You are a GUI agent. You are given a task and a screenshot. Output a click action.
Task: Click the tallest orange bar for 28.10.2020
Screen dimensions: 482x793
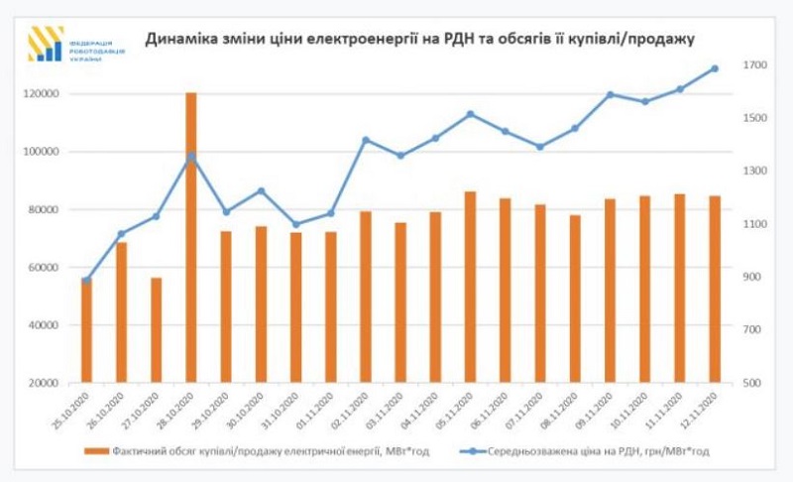tap(191, 238)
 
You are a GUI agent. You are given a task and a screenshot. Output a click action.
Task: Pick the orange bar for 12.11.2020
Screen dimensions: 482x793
tap(714, 289)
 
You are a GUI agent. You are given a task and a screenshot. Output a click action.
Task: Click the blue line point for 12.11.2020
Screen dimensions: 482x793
tap(714, 68)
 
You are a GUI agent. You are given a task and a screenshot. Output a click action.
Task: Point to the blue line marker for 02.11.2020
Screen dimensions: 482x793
tap(366, 140)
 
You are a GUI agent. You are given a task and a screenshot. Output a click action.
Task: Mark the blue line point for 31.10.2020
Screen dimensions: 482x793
tap(295, 224)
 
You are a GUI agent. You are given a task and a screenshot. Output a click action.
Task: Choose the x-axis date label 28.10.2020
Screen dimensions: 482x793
tap(176, 410)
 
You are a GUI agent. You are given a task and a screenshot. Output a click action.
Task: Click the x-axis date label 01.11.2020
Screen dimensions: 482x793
tap(315, 410)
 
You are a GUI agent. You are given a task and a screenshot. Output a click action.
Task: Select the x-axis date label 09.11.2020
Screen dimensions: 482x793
tap(593, 410)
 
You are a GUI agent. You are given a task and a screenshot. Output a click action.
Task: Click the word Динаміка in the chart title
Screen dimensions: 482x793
tap(182, 39)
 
